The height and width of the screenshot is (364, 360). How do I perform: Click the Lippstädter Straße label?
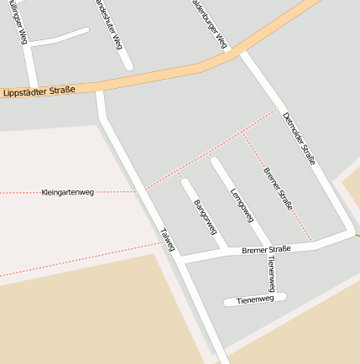[39, 90]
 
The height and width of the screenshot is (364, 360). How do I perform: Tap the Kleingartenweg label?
[67, 192]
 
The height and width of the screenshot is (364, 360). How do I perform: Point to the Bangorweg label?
[206, 216]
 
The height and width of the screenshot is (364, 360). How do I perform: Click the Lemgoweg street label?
[242, 205]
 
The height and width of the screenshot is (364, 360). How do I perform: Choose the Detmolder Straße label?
[299, 138]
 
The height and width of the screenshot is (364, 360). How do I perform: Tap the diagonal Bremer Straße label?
[277, 189]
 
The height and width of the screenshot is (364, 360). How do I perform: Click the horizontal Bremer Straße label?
[265, 249]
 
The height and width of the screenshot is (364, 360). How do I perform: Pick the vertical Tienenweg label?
[271, 273]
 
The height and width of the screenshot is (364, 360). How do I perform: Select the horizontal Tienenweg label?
[255, 299]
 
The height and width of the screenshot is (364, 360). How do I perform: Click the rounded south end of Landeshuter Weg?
[128, 65]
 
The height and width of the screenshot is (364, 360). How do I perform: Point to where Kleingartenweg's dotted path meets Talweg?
[138, 191]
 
